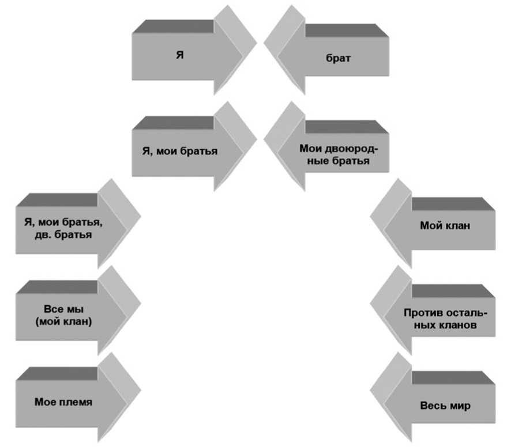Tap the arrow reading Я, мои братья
(x=179, y=151)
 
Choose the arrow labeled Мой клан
(x=444, y=226)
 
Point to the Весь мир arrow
(x=444, y=406)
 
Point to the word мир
(x=461, y=406)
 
